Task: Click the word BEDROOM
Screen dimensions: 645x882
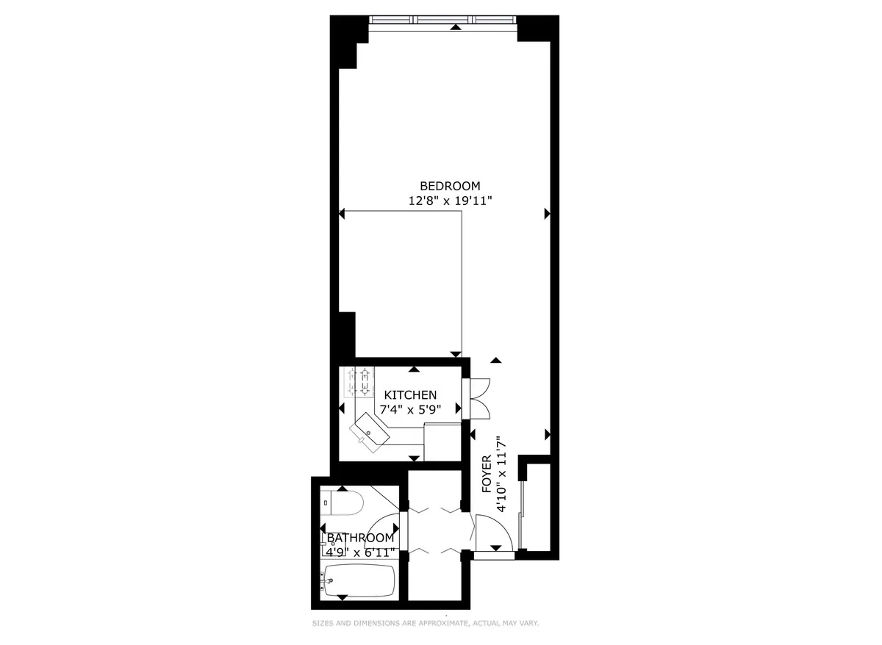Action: click(x=450, y=186)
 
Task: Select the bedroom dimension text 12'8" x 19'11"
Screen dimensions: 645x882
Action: click(x=450, y=200)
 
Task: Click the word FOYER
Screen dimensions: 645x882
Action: click(x=487, y=478)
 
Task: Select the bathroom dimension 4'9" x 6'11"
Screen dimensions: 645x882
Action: click(x=360, y=551)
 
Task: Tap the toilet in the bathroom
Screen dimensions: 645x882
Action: click(x=344, y=504)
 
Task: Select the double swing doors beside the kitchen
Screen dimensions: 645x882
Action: click(x=476, y=397)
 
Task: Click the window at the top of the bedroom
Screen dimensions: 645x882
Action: click(x=442, y=20)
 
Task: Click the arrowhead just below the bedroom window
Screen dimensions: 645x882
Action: click(x=456, y=27)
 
